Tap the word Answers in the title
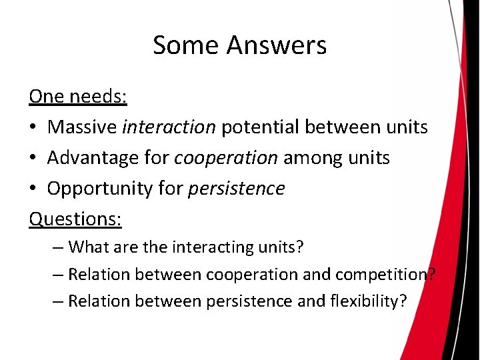tap(276, 45)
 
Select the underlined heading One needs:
tap(78, 96)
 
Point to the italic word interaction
tap(169, 127)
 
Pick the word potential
tap(257, 127)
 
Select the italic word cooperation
tap(226, 157)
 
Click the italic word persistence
tap(237, 189)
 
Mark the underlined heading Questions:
tap(75, 219)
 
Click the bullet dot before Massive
tap(33, 127)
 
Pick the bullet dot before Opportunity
tap(33, 189)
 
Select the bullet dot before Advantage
tap(33, 158)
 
